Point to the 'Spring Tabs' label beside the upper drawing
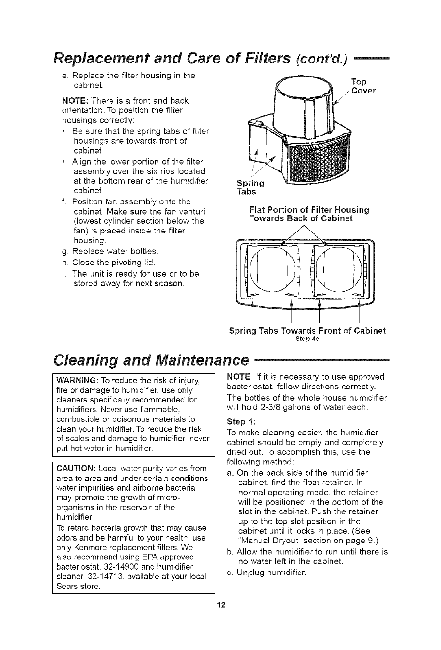tap(250, 186)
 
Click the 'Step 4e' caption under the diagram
tap(307, 339)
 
